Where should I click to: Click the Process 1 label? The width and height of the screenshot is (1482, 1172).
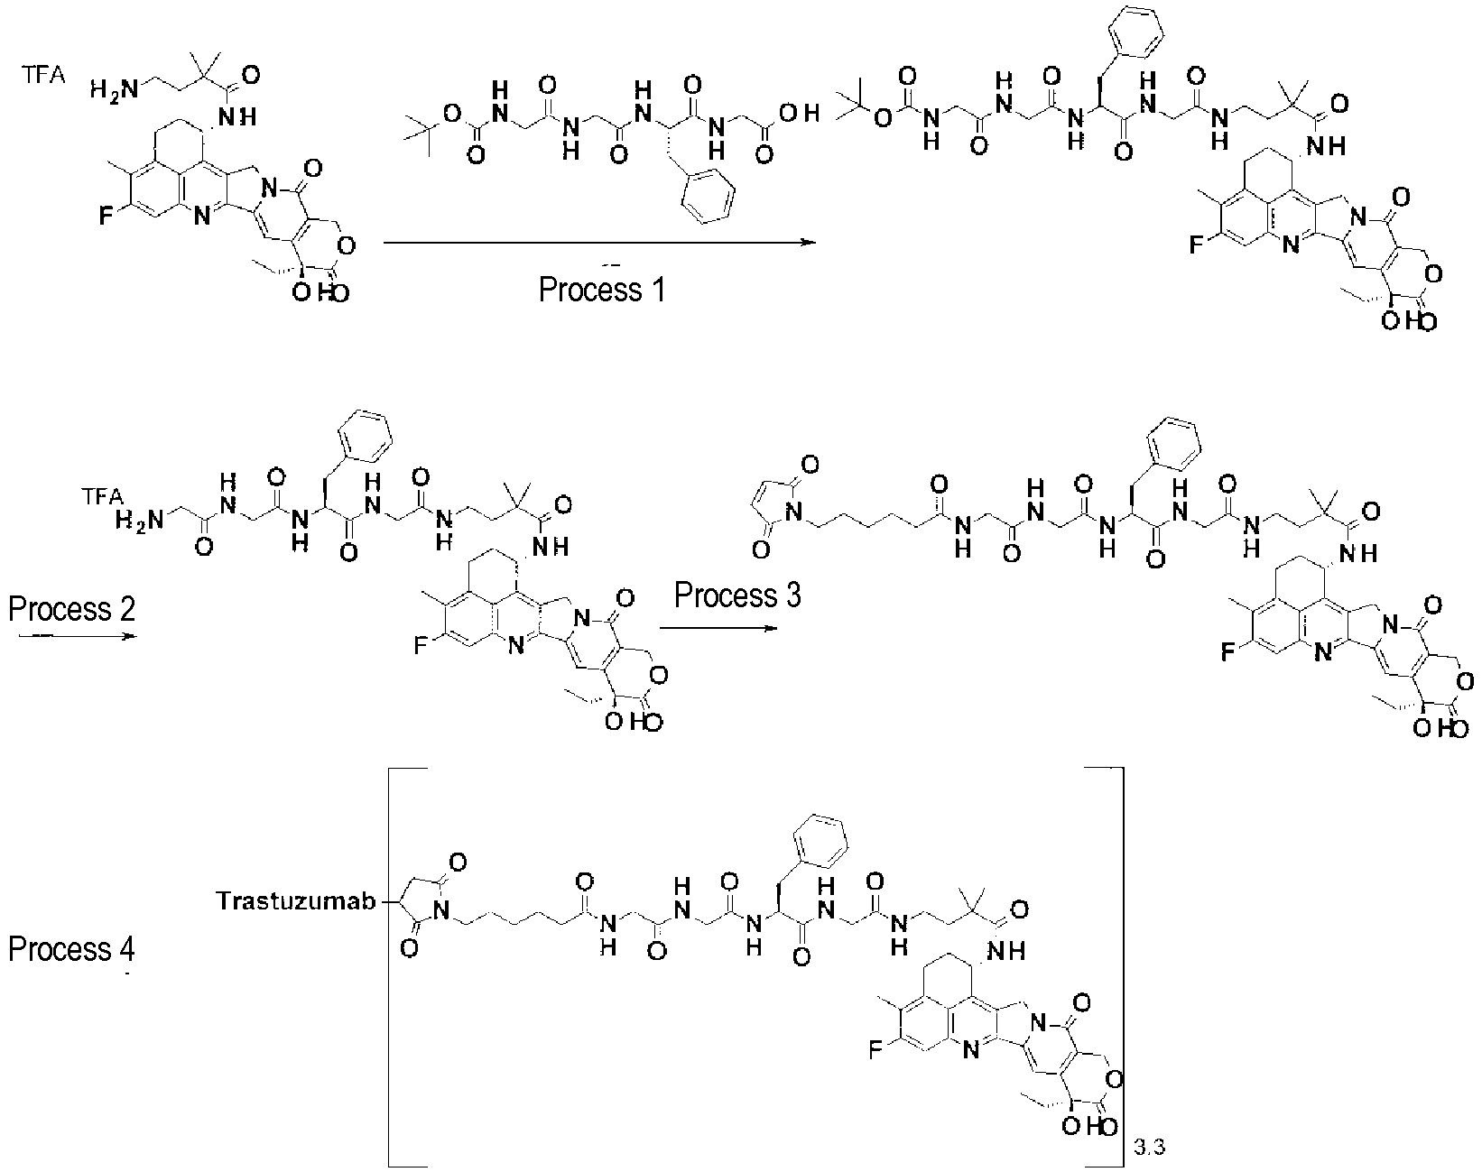pyautogui.click(x=602, y=290)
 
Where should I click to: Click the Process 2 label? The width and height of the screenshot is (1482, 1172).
pyautogui.click(x=71, y=609)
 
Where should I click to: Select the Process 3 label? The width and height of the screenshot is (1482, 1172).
pyautogui.click(x=737, y=595)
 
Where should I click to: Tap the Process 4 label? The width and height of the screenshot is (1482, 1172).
pyautogui.click(x=71, y=949)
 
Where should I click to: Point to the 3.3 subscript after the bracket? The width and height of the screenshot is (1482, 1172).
pyautogui.click(x=1149, y=1148)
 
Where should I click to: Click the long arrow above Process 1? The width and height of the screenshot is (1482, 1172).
pyautogui.click(x=599, y=243)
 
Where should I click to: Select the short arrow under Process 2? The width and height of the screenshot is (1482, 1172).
pyautogui.click(x=78, y=636)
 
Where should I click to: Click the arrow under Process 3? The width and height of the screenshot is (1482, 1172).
pyautogui.click(x=719, y=628)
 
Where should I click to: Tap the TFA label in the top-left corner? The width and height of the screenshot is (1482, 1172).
pyautogui.click(x=42, y=74)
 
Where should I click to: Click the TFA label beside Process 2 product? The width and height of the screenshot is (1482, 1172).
pyautogui.click(x=103, y=496)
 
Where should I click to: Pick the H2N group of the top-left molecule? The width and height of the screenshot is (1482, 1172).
pyautogui.click(x=115, y=90)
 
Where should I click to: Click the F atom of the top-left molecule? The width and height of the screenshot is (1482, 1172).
pyautogui.click(x=106, y=217)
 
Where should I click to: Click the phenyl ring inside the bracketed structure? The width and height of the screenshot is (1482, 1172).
pyautogui.click(x=820, y=842)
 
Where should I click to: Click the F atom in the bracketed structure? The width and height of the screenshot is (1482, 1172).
pyautogui.click(x=875, y=1050)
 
